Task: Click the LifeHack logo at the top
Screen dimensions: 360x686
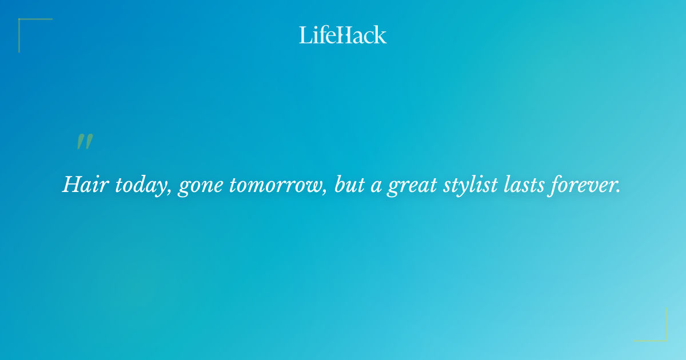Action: click(343, 35)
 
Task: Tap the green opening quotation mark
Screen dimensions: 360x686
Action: click(85, 142)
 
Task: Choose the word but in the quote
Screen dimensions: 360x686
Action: click(349, 184)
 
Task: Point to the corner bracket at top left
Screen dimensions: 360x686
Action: click(26, 26)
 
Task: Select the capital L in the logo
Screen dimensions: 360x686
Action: click(304, 35)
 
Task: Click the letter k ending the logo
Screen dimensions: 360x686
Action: click(380, 35)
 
